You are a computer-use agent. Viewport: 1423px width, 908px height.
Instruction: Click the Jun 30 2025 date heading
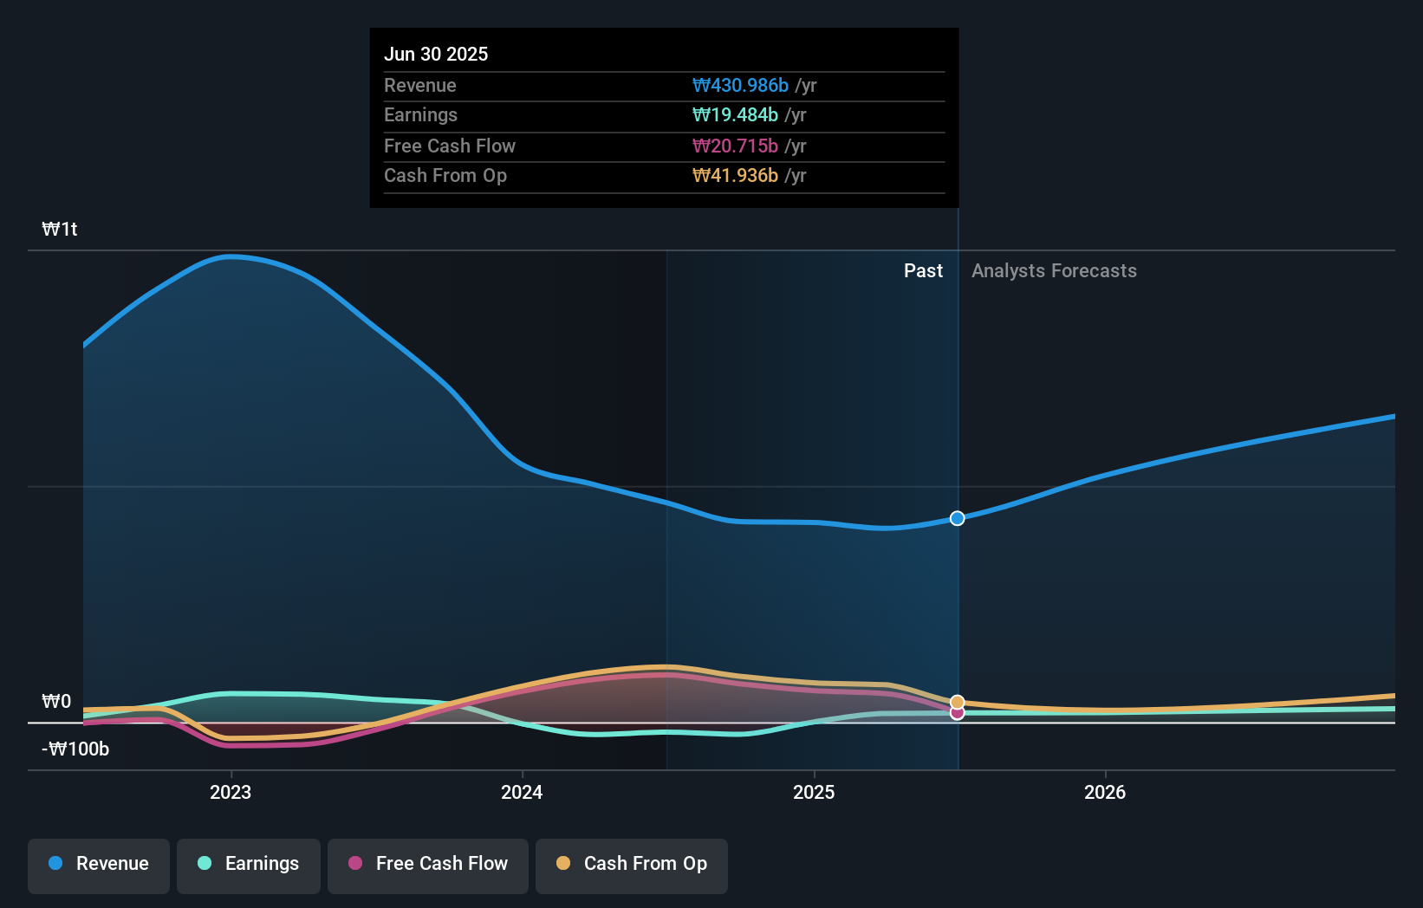[436, 54]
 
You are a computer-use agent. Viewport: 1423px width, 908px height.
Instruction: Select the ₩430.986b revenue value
[740, 85]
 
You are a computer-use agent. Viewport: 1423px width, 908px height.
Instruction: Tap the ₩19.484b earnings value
[735, 114]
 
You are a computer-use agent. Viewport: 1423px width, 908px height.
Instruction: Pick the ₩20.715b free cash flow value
[735, 146]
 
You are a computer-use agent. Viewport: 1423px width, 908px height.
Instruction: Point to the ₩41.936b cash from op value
[735, 175]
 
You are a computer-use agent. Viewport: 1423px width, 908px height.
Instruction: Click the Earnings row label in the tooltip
[420, 114]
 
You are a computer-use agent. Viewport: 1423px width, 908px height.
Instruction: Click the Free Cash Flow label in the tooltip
[449, 146]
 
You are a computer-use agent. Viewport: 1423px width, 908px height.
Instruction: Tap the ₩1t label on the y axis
[60, 229]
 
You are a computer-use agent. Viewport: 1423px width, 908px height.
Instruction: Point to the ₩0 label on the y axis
[56, 701]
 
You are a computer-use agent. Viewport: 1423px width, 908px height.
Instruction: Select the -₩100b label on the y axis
[75, 749]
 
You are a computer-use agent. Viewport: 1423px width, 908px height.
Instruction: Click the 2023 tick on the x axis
[231, 792]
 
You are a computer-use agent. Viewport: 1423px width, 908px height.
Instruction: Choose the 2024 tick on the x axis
[522, 792]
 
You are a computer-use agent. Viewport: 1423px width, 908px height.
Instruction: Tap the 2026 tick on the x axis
[1105, 792]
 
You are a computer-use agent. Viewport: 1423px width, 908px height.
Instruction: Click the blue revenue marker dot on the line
[957, 518]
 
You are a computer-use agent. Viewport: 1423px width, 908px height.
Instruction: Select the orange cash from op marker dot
[957, 702]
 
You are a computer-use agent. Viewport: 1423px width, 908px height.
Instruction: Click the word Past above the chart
[923, 270]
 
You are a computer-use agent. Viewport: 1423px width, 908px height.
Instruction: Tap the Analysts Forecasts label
[1054, 270]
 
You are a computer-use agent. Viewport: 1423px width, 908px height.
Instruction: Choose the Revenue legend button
[99, 864]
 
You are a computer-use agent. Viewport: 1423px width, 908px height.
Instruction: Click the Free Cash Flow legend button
[428, 864]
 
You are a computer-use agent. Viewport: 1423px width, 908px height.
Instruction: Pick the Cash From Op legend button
[632, 864]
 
